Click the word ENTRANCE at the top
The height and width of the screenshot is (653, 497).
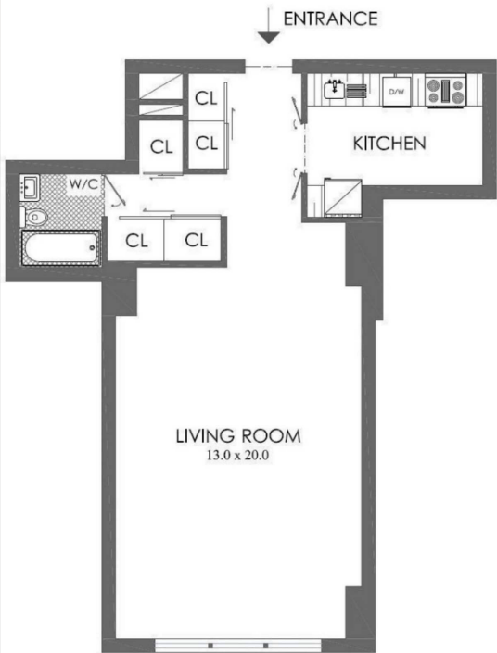(331, 19)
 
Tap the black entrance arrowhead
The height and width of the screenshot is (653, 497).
(269, 37)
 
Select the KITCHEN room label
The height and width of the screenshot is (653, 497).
(389, 144)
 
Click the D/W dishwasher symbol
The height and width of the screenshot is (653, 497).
(397, 92)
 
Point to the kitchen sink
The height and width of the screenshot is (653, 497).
(334, 89)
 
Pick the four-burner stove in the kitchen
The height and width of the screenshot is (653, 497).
(445, 91)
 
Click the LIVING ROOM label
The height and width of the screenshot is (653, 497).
(238, 436)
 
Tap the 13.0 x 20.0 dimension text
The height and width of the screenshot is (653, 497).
(237, 455)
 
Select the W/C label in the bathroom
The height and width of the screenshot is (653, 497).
(83, 183)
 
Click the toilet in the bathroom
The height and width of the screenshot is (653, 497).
(33, 217)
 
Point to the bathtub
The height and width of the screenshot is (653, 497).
(61, 248)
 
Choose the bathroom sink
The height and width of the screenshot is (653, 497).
(30, 188)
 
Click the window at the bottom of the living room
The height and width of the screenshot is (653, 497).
(238, 645)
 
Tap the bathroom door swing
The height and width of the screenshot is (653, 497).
(114, 191)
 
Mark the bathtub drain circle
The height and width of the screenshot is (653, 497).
(92, 248)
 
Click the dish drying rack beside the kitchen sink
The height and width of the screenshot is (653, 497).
(356, 91)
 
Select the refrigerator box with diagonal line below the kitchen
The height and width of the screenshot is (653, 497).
(343, 197)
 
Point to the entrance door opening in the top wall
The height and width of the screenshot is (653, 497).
(269, 67)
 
